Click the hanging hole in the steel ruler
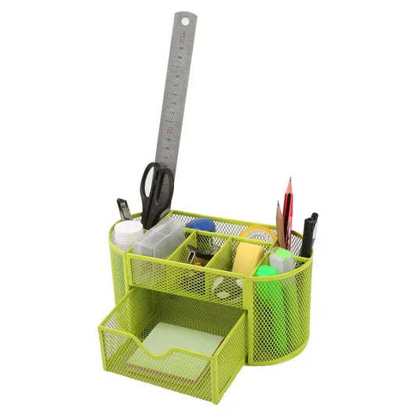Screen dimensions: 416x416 [x=185, y=20]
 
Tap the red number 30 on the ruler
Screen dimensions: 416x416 [x=180, y=37]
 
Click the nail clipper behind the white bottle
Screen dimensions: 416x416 [x=123, y=209]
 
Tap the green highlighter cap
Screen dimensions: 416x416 [x=266, y=272]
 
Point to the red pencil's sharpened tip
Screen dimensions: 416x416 [x=289, y=182]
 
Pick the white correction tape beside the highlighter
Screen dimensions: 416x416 [x=282, y=258]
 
